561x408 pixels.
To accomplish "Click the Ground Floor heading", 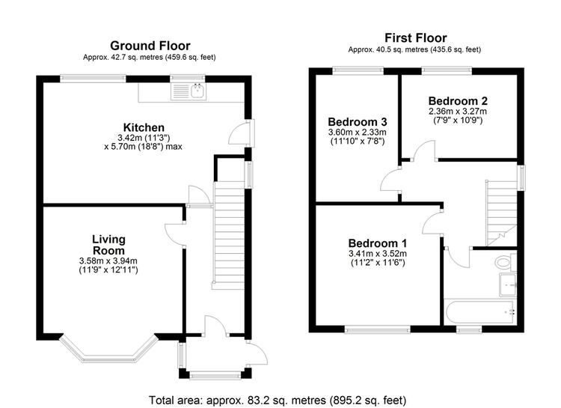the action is [150, 46].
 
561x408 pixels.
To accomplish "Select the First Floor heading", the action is [415, 38].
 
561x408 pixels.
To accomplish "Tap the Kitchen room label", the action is [144, 127].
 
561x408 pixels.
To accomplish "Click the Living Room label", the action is [108, 245].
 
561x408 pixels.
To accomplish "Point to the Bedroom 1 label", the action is [378, 243].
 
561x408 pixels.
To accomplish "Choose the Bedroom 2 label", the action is [458, 101].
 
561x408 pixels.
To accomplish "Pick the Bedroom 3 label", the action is [358, 122].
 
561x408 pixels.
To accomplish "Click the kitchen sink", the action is [188, 91].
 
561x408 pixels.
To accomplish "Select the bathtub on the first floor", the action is [479, 312].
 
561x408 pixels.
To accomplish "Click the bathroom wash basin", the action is [508, 285].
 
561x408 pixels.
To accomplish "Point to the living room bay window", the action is [108, 350].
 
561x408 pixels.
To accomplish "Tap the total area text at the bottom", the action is [278, 400].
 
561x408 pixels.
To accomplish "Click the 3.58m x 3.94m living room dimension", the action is [108, 261].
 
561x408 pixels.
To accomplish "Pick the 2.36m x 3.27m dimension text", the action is [458, 112].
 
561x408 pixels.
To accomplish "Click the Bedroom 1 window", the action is [378, 329].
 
